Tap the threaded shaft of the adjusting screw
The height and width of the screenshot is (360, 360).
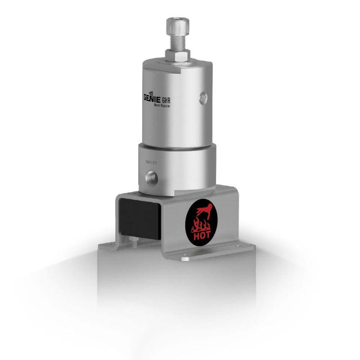[177, 43]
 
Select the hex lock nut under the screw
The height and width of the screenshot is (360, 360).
[177, 55]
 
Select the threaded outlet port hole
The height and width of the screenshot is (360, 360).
[152, 178]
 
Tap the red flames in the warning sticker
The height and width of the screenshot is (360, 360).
[201, 224]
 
